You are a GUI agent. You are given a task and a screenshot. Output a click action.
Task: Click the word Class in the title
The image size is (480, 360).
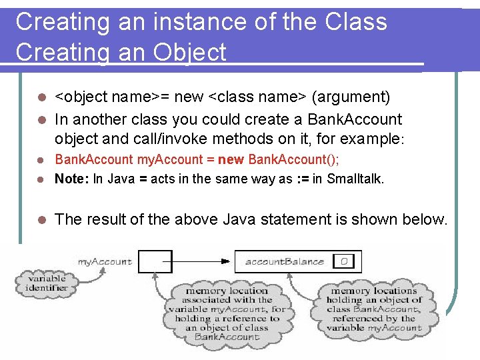(x=356, y=21)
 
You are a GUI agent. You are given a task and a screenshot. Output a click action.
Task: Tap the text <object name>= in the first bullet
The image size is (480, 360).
(x=111, y=97)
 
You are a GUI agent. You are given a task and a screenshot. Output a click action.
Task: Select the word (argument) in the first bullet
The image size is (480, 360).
(x=351, y=97)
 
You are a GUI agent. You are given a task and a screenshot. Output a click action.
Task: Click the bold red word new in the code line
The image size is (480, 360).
(x=233, y=159)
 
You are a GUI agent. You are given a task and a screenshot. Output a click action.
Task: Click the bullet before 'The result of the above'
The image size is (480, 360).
(x=41, y=220)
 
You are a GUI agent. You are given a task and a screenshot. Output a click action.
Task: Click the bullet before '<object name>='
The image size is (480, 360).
(x=41, y=97)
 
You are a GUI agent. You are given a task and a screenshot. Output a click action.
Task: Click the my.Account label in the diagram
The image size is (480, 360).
(x=105, y=262)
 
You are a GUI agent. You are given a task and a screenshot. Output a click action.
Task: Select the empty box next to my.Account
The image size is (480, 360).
(x=155, y=261)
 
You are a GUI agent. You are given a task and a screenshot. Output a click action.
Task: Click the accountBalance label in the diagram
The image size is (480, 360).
(x=284, y=262)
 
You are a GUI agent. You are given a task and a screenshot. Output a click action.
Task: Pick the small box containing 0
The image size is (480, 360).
(x=344, y=262)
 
